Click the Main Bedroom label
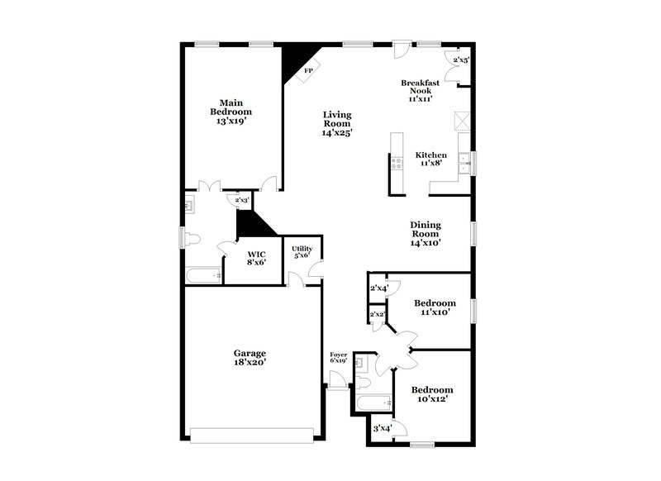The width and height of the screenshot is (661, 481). coord(231,112)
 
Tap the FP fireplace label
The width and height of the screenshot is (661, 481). coord(308,71)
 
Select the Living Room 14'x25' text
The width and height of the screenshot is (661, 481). coord(337,123)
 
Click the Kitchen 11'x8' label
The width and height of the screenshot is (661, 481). coord(430,159)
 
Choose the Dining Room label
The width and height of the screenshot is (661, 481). coord(426,233)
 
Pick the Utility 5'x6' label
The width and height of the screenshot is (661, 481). coord(302,252)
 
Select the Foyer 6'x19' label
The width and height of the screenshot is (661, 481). coord(338,357)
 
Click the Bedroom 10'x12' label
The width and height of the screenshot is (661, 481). coord(432,395)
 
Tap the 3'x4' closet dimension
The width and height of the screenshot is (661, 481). coord(383,428)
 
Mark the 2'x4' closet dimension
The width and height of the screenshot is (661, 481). coord(378,288)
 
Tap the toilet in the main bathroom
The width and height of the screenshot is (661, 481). coord(191,239)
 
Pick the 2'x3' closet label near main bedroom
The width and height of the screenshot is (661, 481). coord(242,200)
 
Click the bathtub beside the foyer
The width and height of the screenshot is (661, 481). coord(373,403)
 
